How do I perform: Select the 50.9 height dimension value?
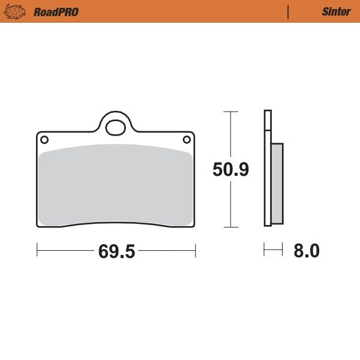231,170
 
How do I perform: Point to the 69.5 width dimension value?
116,251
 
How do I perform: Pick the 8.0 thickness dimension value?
306,251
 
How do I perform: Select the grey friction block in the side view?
277,183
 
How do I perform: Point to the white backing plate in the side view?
268,168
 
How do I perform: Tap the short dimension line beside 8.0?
273,250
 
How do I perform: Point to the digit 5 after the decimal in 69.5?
128,251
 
